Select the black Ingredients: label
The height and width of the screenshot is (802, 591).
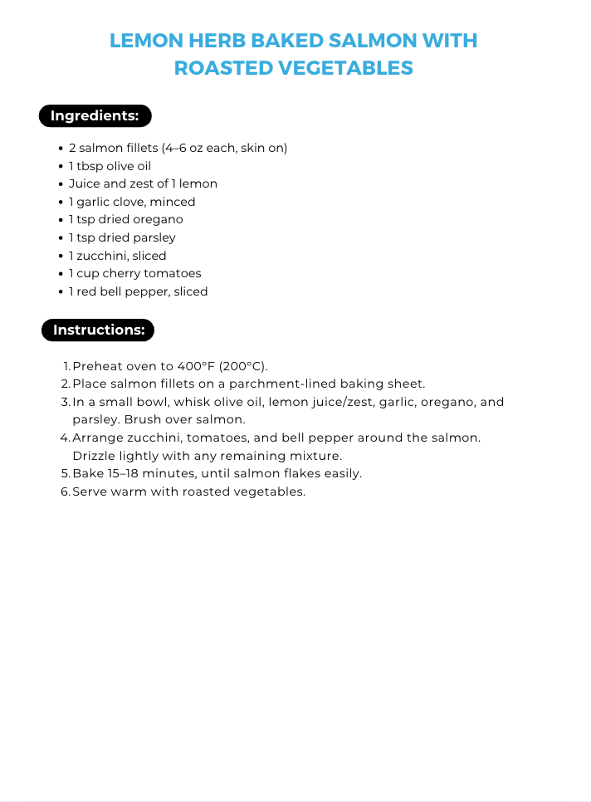(x=95, y=116)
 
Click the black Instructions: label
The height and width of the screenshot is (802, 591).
(x=99, y=330)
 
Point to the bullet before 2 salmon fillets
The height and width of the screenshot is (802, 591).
(x=61, y=149)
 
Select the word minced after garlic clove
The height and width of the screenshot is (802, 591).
(x=173, y=202)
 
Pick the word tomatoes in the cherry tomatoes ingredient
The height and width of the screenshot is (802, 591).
(x=172, y=274)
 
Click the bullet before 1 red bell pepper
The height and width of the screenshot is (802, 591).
(x=61, y=292)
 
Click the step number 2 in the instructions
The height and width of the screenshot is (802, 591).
(x=66, y=384)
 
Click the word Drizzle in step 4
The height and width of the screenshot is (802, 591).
(x=95, y=456)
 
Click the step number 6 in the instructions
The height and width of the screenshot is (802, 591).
(x=66, y=491)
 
